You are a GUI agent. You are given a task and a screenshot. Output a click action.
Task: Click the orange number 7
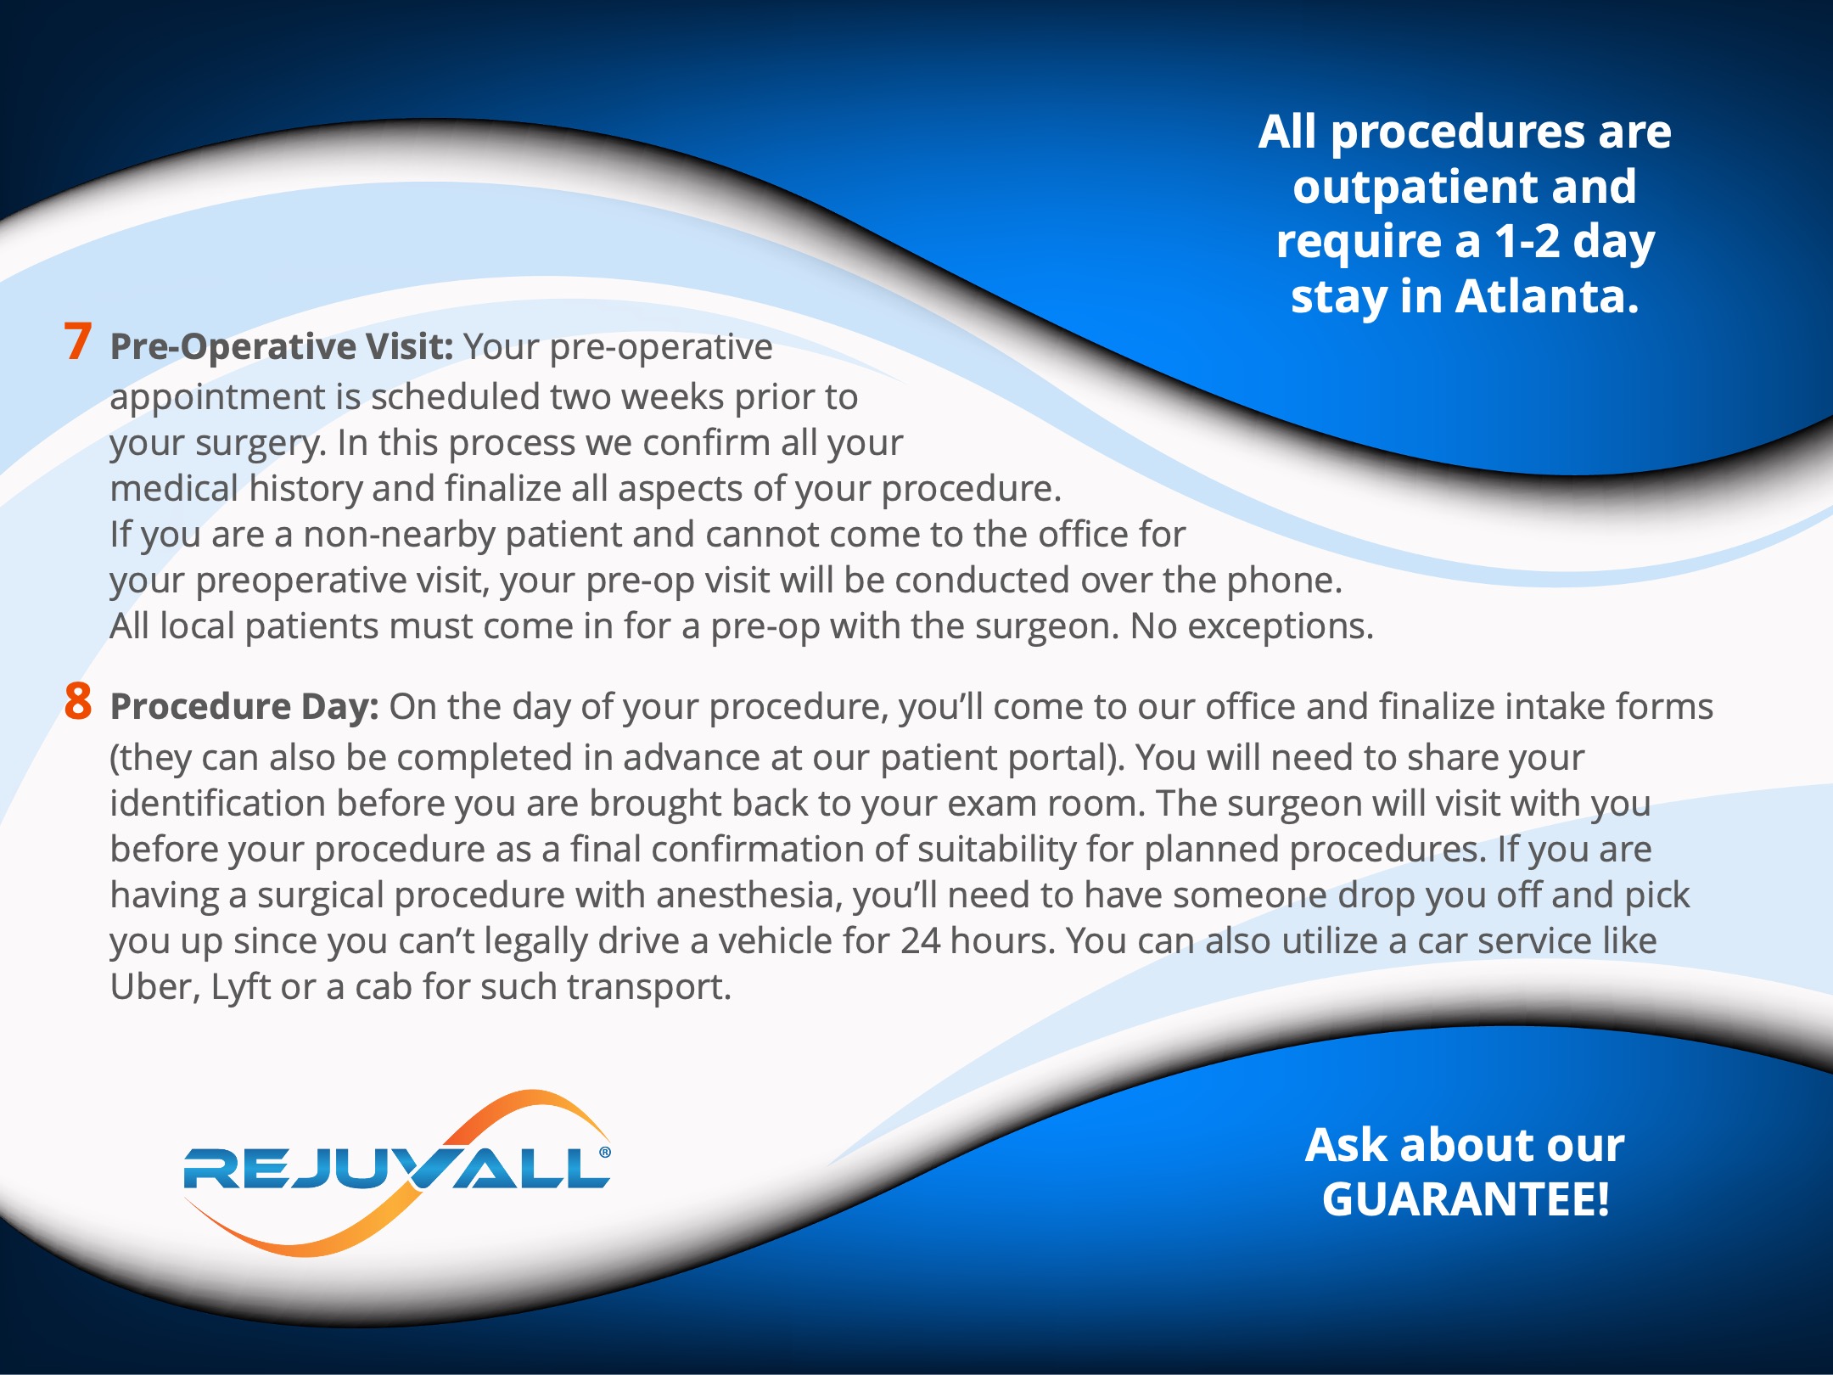[x=78, y=341]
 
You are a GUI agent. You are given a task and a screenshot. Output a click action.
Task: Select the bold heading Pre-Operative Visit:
[x=283, y=347]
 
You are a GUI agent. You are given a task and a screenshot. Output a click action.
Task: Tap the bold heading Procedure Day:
[x=244, y=707]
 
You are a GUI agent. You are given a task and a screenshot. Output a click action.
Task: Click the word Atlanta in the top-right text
[x=1548, y=296]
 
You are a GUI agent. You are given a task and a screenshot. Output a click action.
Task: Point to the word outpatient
[x=1415, y=188]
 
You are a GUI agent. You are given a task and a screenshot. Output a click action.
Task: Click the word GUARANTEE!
[x=1466, y=1199]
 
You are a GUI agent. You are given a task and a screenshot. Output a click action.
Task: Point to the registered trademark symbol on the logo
[x=604, y=1152]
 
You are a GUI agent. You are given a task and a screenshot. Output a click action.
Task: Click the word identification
[x=217, y=804]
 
